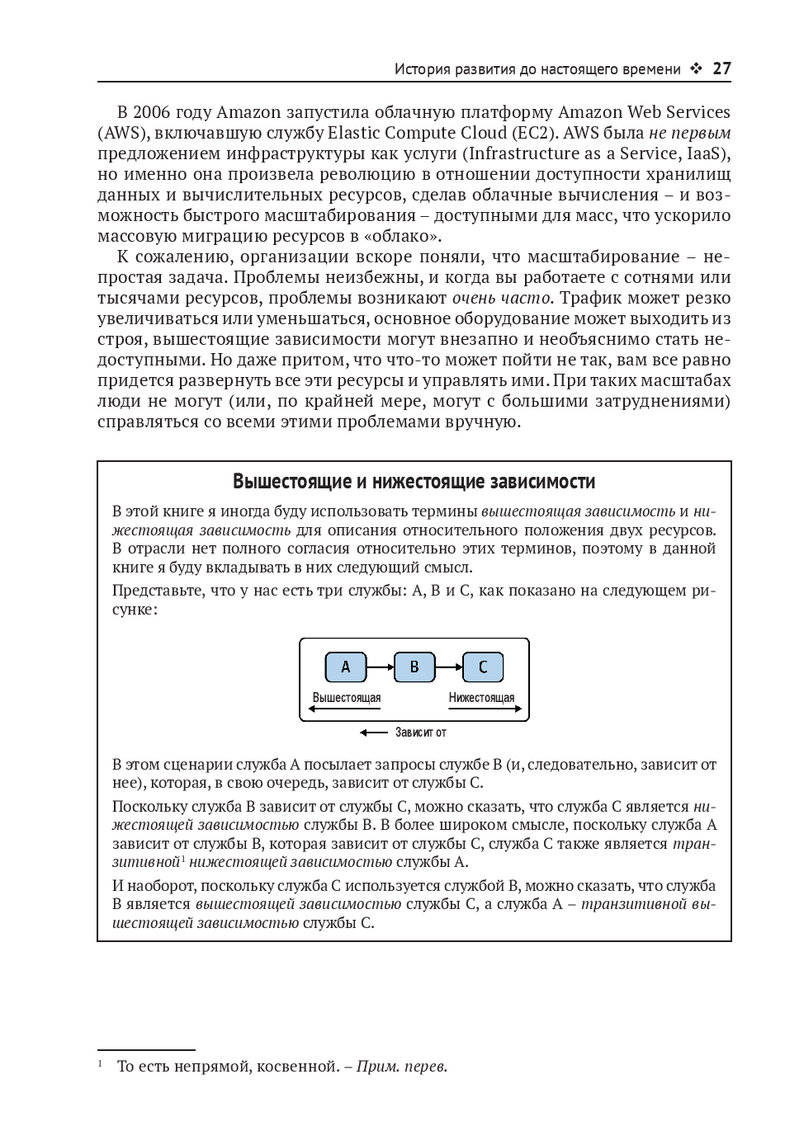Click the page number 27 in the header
[x=721, y=69]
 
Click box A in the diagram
[x=346, y=667]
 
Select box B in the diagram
[x=414, y=667]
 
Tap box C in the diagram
[x=483, y=667]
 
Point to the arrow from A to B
[x=380, y=667]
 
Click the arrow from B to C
[x=448, y=667]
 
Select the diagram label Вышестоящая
[x=347, y=698]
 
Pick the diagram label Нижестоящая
[x=481, y=698]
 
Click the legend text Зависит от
[x=421, y=732]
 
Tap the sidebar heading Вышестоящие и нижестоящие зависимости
[x=414, y=482]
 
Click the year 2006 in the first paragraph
[x=151, y=112]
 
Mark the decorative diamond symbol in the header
[x=696, y=69]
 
